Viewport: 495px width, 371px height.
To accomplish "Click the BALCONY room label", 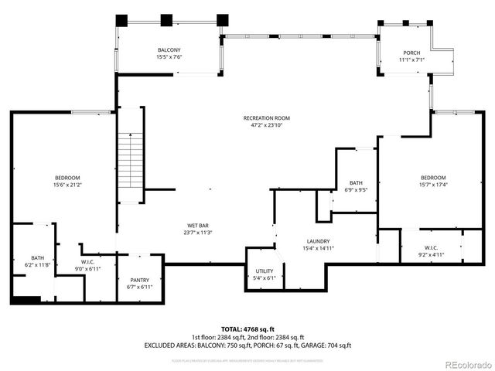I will tap(169, 49).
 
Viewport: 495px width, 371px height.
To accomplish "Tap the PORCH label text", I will tap(410, 53).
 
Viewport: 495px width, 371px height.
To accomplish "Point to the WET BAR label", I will tap(198, 225).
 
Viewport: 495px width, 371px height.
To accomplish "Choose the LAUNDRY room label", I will tap(317, 241).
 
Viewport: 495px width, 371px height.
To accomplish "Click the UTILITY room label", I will tap(265, 271).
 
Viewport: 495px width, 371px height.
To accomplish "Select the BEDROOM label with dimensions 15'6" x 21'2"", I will tap(67, 178).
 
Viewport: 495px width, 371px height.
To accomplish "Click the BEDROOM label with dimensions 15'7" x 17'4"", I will tap(432, 177).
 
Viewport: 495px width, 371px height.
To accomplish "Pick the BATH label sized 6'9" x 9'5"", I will tap(356, 182).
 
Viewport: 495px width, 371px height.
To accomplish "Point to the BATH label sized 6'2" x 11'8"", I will tap(37, 258).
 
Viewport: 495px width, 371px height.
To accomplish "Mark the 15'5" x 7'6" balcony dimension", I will tap(169, 56).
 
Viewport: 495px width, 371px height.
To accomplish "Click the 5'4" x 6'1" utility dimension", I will tap(265, 277).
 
